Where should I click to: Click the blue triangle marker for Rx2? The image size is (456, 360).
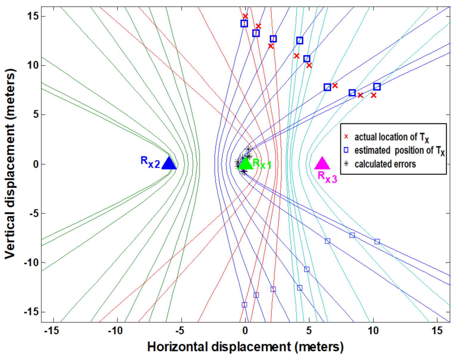tap(169, 164)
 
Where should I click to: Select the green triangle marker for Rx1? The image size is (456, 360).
tap(245, 164)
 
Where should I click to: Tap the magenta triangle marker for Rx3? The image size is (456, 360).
tap(322, 164)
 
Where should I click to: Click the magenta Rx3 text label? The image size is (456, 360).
tap(327, 177)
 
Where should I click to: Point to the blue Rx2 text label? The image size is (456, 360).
tap(150, 162)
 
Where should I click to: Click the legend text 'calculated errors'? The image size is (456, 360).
tap(385, 164)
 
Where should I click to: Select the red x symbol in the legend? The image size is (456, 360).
tap(346, 137)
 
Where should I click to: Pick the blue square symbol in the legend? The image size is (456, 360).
tap(346, 150)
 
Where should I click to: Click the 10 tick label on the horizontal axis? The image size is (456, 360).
tap(373, 331)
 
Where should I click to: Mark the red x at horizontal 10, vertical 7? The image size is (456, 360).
tap(373, 95)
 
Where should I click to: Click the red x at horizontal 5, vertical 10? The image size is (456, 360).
tap(309, 66)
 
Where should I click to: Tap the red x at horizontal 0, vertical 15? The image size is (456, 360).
tap(245, 16)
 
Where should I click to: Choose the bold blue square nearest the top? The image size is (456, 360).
tap(244, 24)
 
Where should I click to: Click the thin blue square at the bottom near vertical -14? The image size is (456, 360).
tap(244, 305)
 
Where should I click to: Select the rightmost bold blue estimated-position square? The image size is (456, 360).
tap(377, 87)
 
